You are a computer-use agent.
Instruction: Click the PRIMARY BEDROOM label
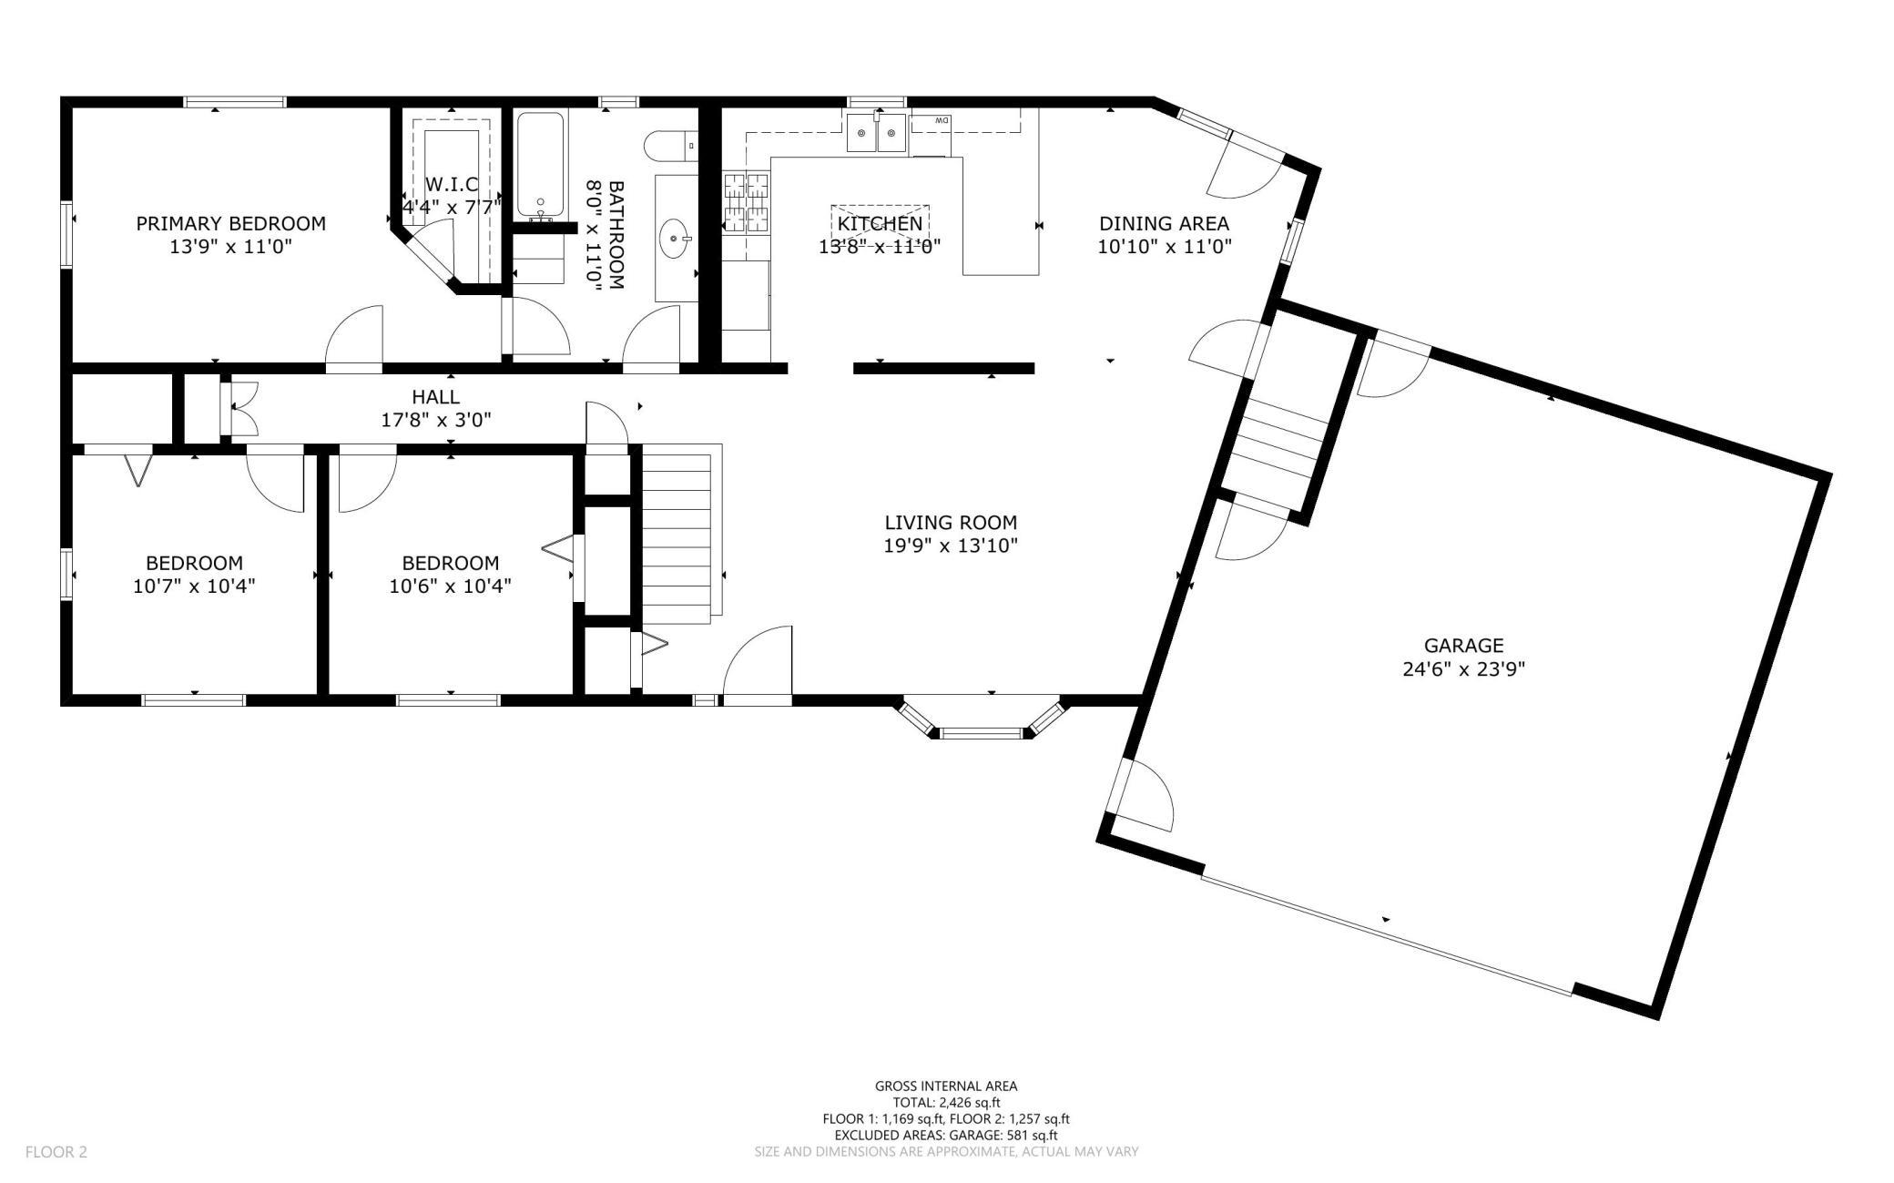point(230,223)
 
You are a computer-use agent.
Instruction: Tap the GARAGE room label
point(1463,646)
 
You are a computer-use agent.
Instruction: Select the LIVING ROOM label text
point(951,523)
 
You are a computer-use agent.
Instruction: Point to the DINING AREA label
point(1164,223)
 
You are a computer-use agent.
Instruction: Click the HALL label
point(435,397)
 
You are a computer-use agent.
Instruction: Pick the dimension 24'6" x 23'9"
point(1463,669)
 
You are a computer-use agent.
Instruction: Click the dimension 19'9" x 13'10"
point(951,546)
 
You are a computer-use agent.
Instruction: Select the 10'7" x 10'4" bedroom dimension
point(194,586)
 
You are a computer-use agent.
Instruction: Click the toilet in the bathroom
point(670,146)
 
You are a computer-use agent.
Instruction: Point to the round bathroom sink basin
point(674,239)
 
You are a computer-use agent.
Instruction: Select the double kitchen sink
point(877,134)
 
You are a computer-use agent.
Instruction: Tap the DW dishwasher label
point(942,120)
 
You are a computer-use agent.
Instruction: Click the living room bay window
point(982,718)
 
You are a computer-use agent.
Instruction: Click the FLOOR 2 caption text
point(56,1152)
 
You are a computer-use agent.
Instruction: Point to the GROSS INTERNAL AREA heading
point(946,1086)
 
